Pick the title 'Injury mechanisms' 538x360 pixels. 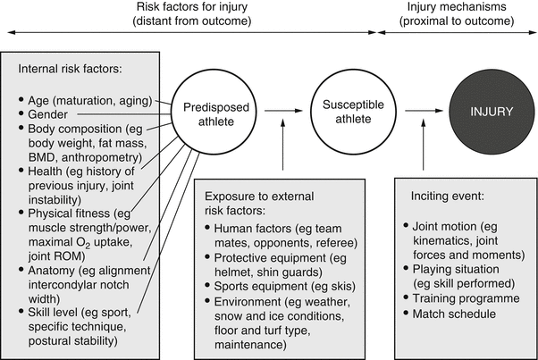(x=456, y=9)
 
